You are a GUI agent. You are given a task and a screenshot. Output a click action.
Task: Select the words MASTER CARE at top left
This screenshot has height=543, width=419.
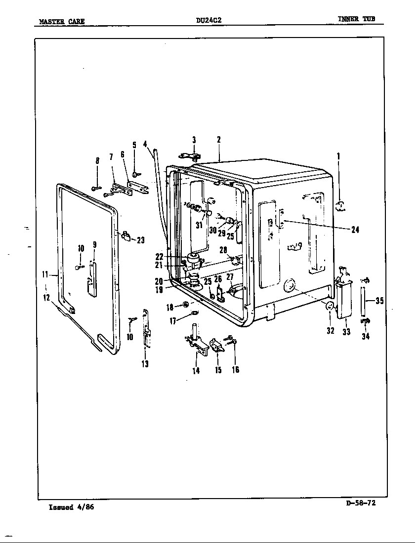point(62,21)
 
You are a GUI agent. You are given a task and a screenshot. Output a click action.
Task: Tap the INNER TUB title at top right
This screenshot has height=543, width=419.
point(356,19)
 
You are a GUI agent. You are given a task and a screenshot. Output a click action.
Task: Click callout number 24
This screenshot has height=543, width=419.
point(355,229)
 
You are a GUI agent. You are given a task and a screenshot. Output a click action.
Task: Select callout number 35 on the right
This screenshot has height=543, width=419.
point(379,301)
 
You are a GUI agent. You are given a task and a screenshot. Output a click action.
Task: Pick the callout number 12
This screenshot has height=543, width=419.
point(47,298)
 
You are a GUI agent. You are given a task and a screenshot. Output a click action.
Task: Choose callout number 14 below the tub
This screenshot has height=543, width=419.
point(196,371)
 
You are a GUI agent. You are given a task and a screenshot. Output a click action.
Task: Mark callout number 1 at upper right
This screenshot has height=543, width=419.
point(338,156)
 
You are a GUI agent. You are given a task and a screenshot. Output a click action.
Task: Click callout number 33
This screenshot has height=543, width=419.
point(346,332)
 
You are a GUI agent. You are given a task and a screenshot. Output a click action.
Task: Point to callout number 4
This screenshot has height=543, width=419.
point(145,144)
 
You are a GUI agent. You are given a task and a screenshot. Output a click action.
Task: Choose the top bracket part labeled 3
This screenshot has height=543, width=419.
point(190,156)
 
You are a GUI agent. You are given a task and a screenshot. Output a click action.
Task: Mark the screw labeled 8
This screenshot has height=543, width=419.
point(96,188)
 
